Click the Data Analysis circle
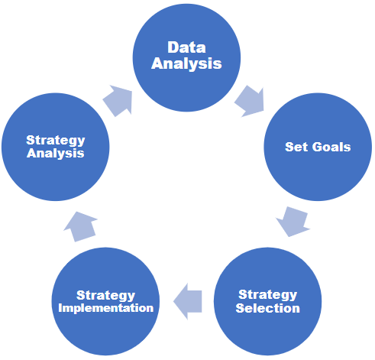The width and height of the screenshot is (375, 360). click(x=186, y=57)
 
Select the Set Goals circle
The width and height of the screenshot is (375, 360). click(x=318, y=147)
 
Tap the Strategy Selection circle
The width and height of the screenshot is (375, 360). click(x=267, y=301)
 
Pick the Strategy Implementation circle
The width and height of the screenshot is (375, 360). click(x=105, y=301)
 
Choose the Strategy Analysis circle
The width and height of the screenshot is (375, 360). click(x=56, y=147)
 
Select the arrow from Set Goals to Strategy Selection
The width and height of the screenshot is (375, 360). click(x=293, y=222)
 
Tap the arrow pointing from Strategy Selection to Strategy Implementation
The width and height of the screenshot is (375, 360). click(x=188, y=301)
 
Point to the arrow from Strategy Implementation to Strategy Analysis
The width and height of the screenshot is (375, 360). click(x=81, y=226)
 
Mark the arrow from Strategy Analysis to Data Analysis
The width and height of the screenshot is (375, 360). click(x=118, y=101)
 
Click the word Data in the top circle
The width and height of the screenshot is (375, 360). click(x=186, y=47)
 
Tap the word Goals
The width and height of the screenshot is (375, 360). click(x=331, y=147)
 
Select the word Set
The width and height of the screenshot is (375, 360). click(x=296, y=147)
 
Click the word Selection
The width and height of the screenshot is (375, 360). click(x=268, y=308)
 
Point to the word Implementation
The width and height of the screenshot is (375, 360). click(x=106, y=308)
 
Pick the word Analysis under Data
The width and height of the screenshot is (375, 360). click(x=186, y=63)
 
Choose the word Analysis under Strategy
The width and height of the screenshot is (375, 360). click(x=56, y=154)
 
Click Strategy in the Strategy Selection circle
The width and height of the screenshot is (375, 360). click(x=267, y=295)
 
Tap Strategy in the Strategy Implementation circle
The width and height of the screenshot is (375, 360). click(x=105, y=296)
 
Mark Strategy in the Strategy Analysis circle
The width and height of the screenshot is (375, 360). click(x=56, y=141)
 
